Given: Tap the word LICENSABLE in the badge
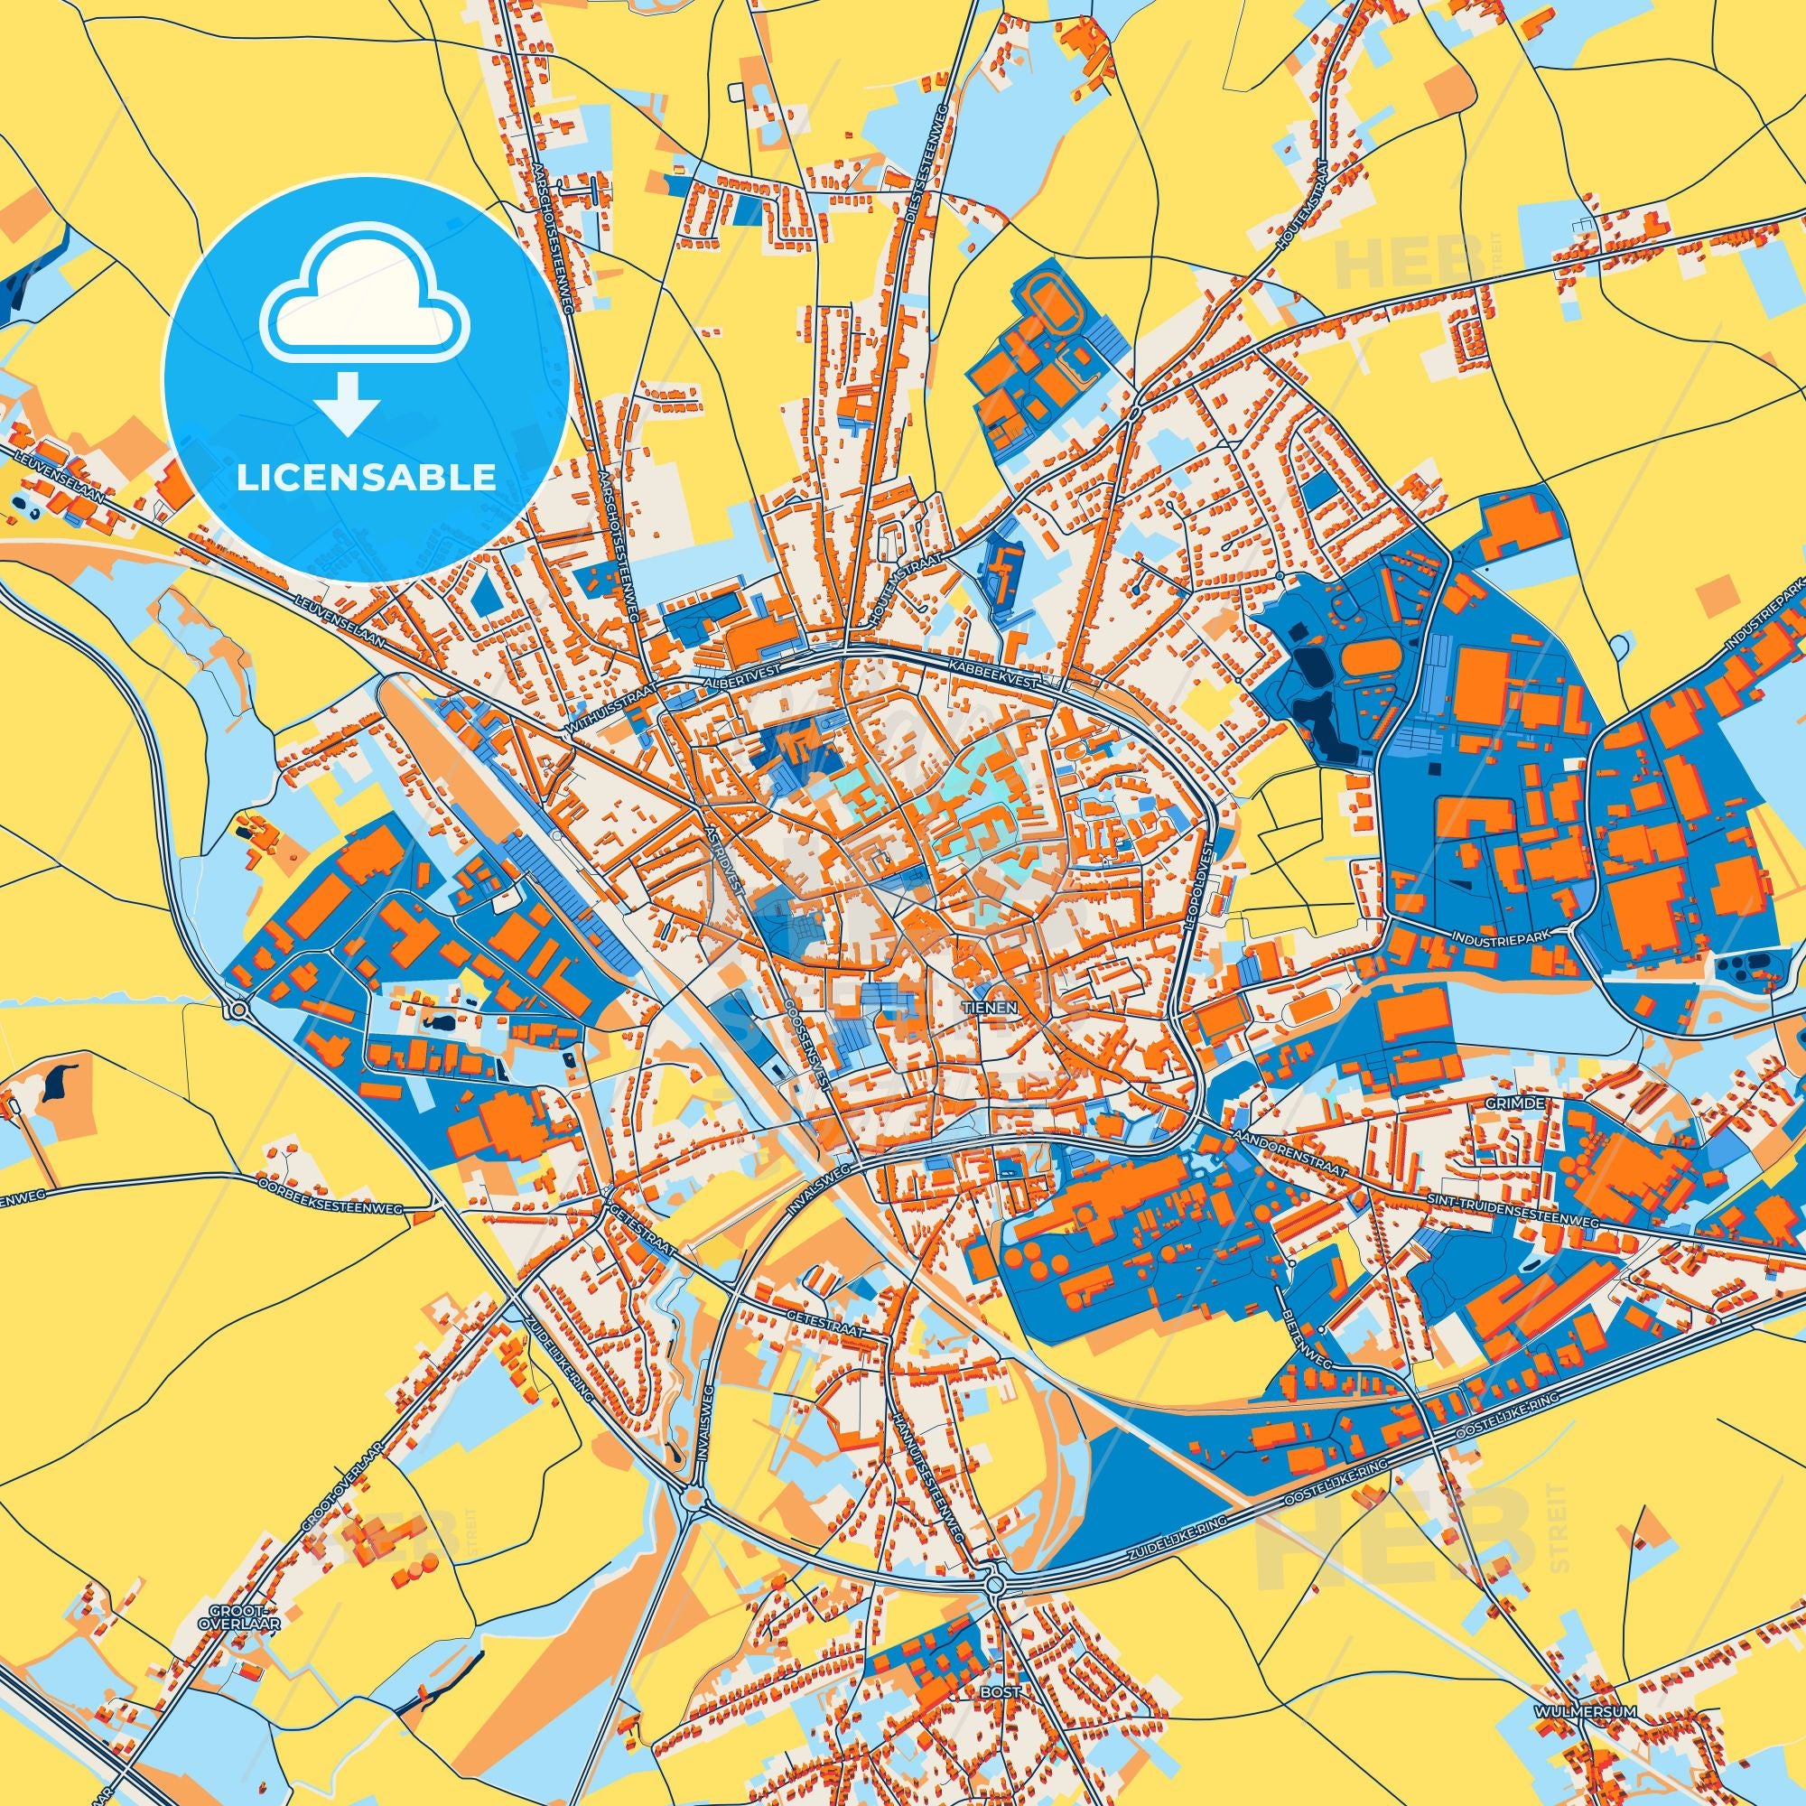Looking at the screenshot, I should [x=367, y=478].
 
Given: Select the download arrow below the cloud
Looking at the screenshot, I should [x=347, y=402].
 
